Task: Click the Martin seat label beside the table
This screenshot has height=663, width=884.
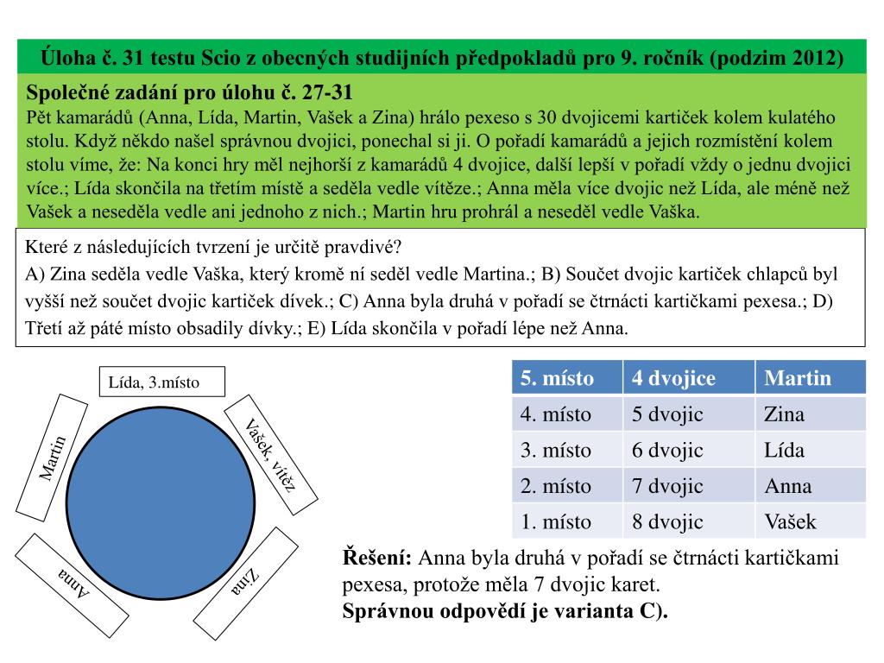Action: click(x=54, y=458)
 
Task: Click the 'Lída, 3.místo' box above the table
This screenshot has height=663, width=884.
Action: click(x=161, y=382)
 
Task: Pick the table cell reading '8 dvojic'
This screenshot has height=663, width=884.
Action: click(x=667, y=521)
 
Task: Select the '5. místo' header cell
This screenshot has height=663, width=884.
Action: click(x=566, y=378)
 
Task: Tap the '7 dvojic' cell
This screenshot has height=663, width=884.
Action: click(x=667, y=486)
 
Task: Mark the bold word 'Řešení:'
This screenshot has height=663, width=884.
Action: click(x=377, y=558)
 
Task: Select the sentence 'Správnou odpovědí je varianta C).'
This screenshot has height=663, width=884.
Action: click(x=506, y=611)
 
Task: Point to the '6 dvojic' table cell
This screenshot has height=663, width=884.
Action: click(x=667, y=450)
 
